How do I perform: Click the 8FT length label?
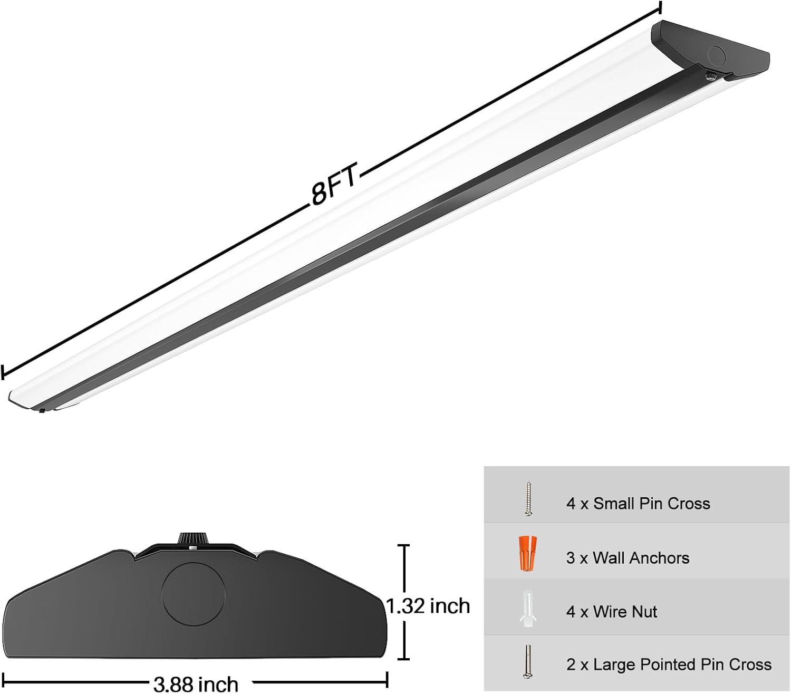pyautogui.click(x=334, y=185)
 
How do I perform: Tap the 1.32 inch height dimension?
pyautogui.click(x=428, y=606)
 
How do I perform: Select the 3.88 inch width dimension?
pyautogui.click(x=196, y=684)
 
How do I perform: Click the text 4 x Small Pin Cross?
pyautogui.click(x=638, y=504)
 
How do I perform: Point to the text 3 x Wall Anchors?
pyautogui.click(x=628, y=558)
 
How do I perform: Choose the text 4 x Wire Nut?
pyautogui.click(x=612, y=612)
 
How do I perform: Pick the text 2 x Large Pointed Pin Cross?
pyautogui.click(x=669, y=664)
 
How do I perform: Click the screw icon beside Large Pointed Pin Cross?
pyautogui.click(x=528, y=661)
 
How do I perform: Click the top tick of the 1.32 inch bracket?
pyautogui.click(x=404, y=546)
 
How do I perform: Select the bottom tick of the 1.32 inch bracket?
pyautogui.click(x=404, y=659)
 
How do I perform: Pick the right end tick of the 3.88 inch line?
pyautogui.click(x=388, y=679)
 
